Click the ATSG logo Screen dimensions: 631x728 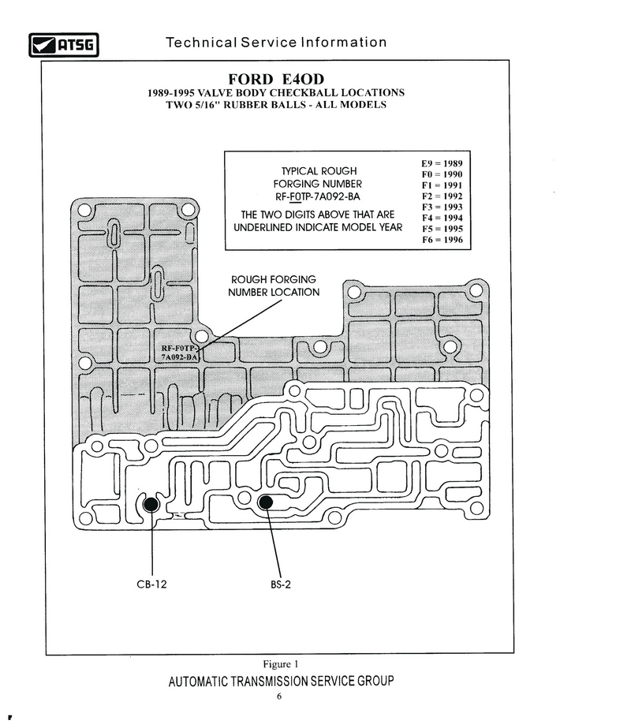pyautogui.click(x=64, y=45)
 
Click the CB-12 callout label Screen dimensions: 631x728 pyautogui.click(x=151, y=584)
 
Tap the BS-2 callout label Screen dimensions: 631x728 pyautogui.click(x=281, y=584)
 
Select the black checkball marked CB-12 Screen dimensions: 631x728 pyautogui.click(x=151, y=504)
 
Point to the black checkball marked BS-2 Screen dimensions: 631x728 pyautogui.click(x=265, y=502)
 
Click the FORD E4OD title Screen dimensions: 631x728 pyautogui.click(x=276, y=79)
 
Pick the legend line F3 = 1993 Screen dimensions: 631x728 pyautogui.click(x=442, y=207)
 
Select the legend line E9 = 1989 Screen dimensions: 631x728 pyautogui.click(x=442, y=163)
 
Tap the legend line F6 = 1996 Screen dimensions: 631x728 pyautogui.click(x=442, y=240)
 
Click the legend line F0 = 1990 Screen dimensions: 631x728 pyautogui.click(x=442, y=174)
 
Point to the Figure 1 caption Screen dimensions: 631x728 pyautogui.click(x=281, y=664)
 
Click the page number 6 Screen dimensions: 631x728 pyautogui.click(x=279, y=696)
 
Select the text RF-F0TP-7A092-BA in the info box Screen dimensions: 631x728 pyautogui.click(x=318, y=196)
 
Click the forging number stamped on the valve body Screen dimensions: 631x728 pyautogui.click(x=180, y=353)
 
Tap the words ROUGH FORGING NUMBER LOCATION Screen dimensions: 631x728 pyautogui.click(x=274, y=286)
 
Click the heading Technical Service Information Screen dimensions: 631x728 pyautogui.click(x=276, y=43)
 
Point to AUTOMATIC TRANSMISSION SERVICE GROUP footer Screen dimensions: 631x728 pyautogui.click(x=282, y=681)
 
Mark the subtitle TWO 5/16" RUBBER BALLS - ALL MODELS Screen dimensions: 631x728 pyautogui.click(x=276, y=105)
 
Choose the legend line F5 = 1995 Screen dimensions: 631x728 pyautogui.click(x=442, y=229)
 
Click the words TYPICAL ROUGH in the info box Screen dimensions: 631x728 pyautogui.click(x=319, y=171)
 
